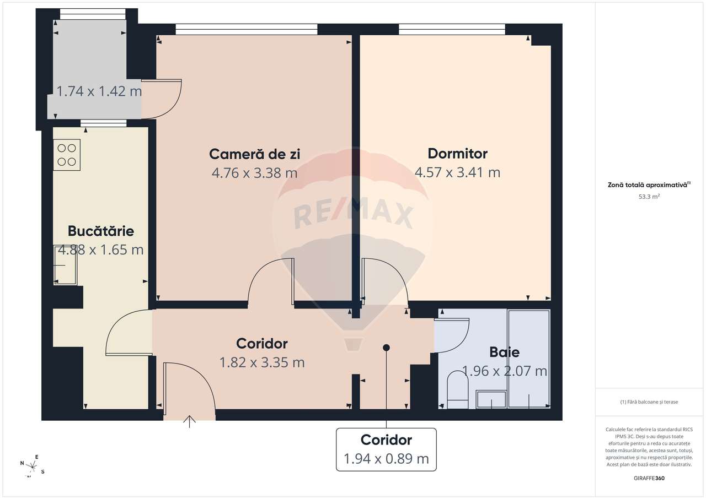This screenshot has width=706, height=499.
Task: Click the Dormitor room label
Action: coord(457,153)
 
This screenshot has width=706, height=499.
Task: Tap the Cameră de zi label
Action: coord(254,154)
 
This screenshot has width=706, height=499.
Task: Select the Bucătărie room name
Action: coord(100,231)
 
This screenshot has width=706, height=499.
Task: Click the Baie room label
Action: coord(504,352)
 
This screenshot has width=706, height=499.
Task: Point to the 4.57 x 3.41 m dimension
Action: coord(457,172)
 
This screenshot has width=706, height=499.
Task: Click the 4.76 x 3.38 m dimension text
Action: coord(254,173)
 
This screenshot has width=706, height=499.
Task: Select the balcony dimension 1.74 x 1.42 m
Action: coord(99,91)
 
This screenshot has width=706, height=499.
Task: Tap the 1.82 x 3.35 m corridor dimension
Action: coord(261,362)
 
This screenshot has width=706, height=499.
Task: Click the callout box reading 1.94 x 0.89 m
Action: coord(386,449)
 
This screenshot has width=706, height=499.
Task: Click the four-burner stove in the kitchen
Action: coord(67,155)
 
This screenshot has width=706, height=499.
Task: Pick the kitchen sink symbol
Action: coord(66,265)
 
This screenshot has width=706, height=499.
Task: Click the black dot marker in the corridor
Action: coord(386,348)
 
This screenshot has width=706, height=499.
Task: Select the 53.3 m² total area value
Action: coord(649,196)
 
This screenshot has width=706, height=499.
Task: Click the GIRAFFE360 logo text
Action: coord(649,478)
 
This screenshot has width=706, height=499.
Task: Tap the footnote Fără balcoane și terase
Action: coord(649,402)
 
